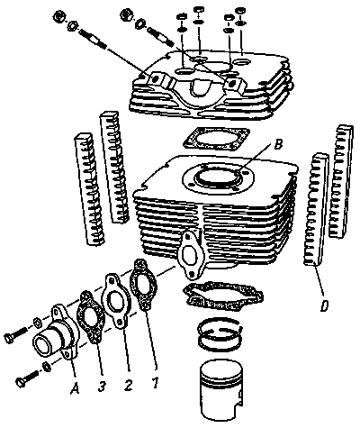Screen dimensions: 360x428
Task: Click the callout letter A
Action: click(x=75, y=388)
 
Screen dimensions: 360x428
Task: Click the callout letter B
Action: click(x=278, y=145)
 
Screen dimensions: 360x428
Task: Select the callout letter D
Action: click(x=324, y=306)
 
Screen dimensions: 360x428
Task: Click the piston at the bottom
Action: click(x=221, y=391)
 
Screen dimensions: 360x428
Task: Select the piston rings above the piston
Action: click(x=220, y=334)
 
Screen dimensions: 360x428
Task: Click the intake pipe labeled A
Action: click(x=56, y=332)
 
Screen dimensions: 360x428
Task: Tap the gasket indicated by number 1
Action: click(x=143, y=284)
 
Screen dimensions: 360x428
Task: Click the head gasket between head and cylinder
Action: click(x=216, y=140)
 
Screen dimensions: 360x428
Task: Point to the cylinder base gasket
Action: click(x=223, y=296)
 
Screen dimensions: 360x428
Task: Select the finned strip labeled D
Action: click(x=316, y=210)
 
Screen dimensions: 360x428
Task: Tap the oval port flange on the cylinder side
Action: click(x=191, y=255)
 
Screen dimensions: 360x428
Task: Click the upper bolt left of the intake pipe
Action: click(x=15, y=334)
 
